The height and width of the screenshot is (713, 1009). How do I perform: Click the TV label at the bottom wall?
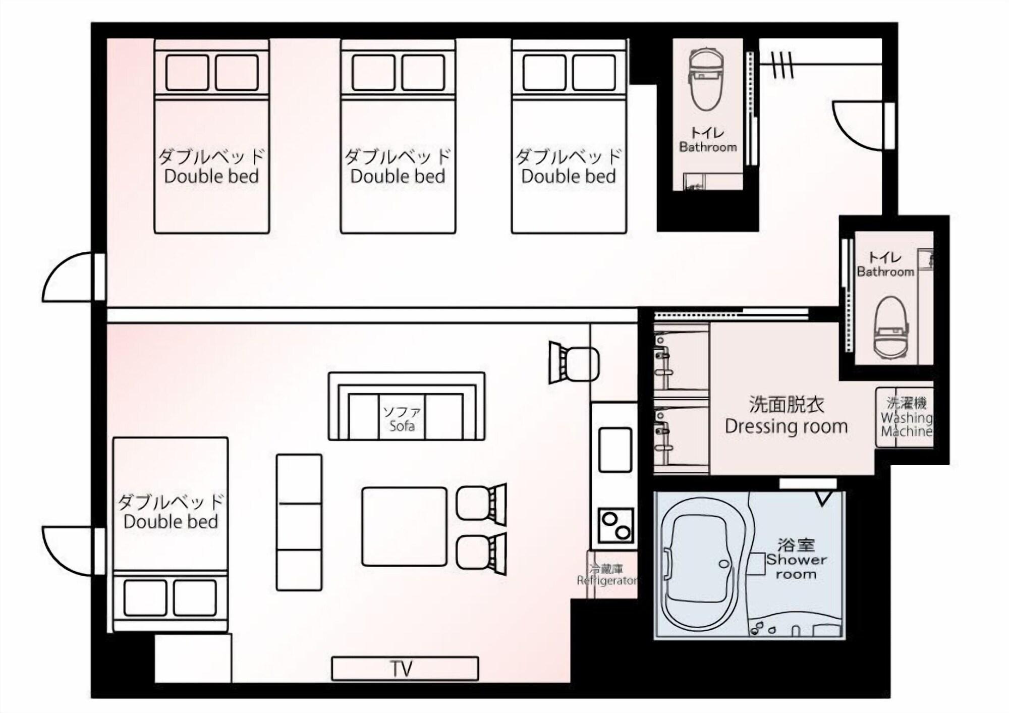point(402,669)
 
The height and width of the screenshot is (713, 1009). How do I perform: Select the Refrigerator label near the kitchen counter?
point(607,575)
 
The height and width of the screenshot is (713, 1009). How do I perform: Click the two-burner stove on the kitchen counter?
point(615,525)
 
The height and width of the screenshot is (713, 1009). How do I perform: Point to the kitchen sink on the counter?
point(615,450)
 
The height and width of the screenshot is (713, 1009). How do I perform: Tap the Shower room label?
point(796,560)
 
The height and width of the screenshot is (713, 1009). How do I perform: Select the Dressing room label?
point(786,416)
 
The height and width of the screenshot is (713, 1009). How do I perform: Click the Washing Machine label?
point(906,417)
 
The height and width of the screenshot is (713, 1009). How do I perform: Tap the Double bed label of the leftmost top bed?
point(211,167)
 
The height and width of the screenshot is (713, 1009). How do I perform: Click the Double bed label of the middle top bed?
point(398,167)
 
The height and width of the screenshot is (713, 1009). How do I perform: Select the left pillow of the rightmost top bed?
point(544,73)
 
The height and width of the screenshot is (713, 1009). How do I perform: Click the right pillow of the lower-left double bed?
point(195,597)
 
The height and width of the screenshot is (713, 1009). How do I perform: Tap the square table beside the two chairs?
point(404,526)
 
